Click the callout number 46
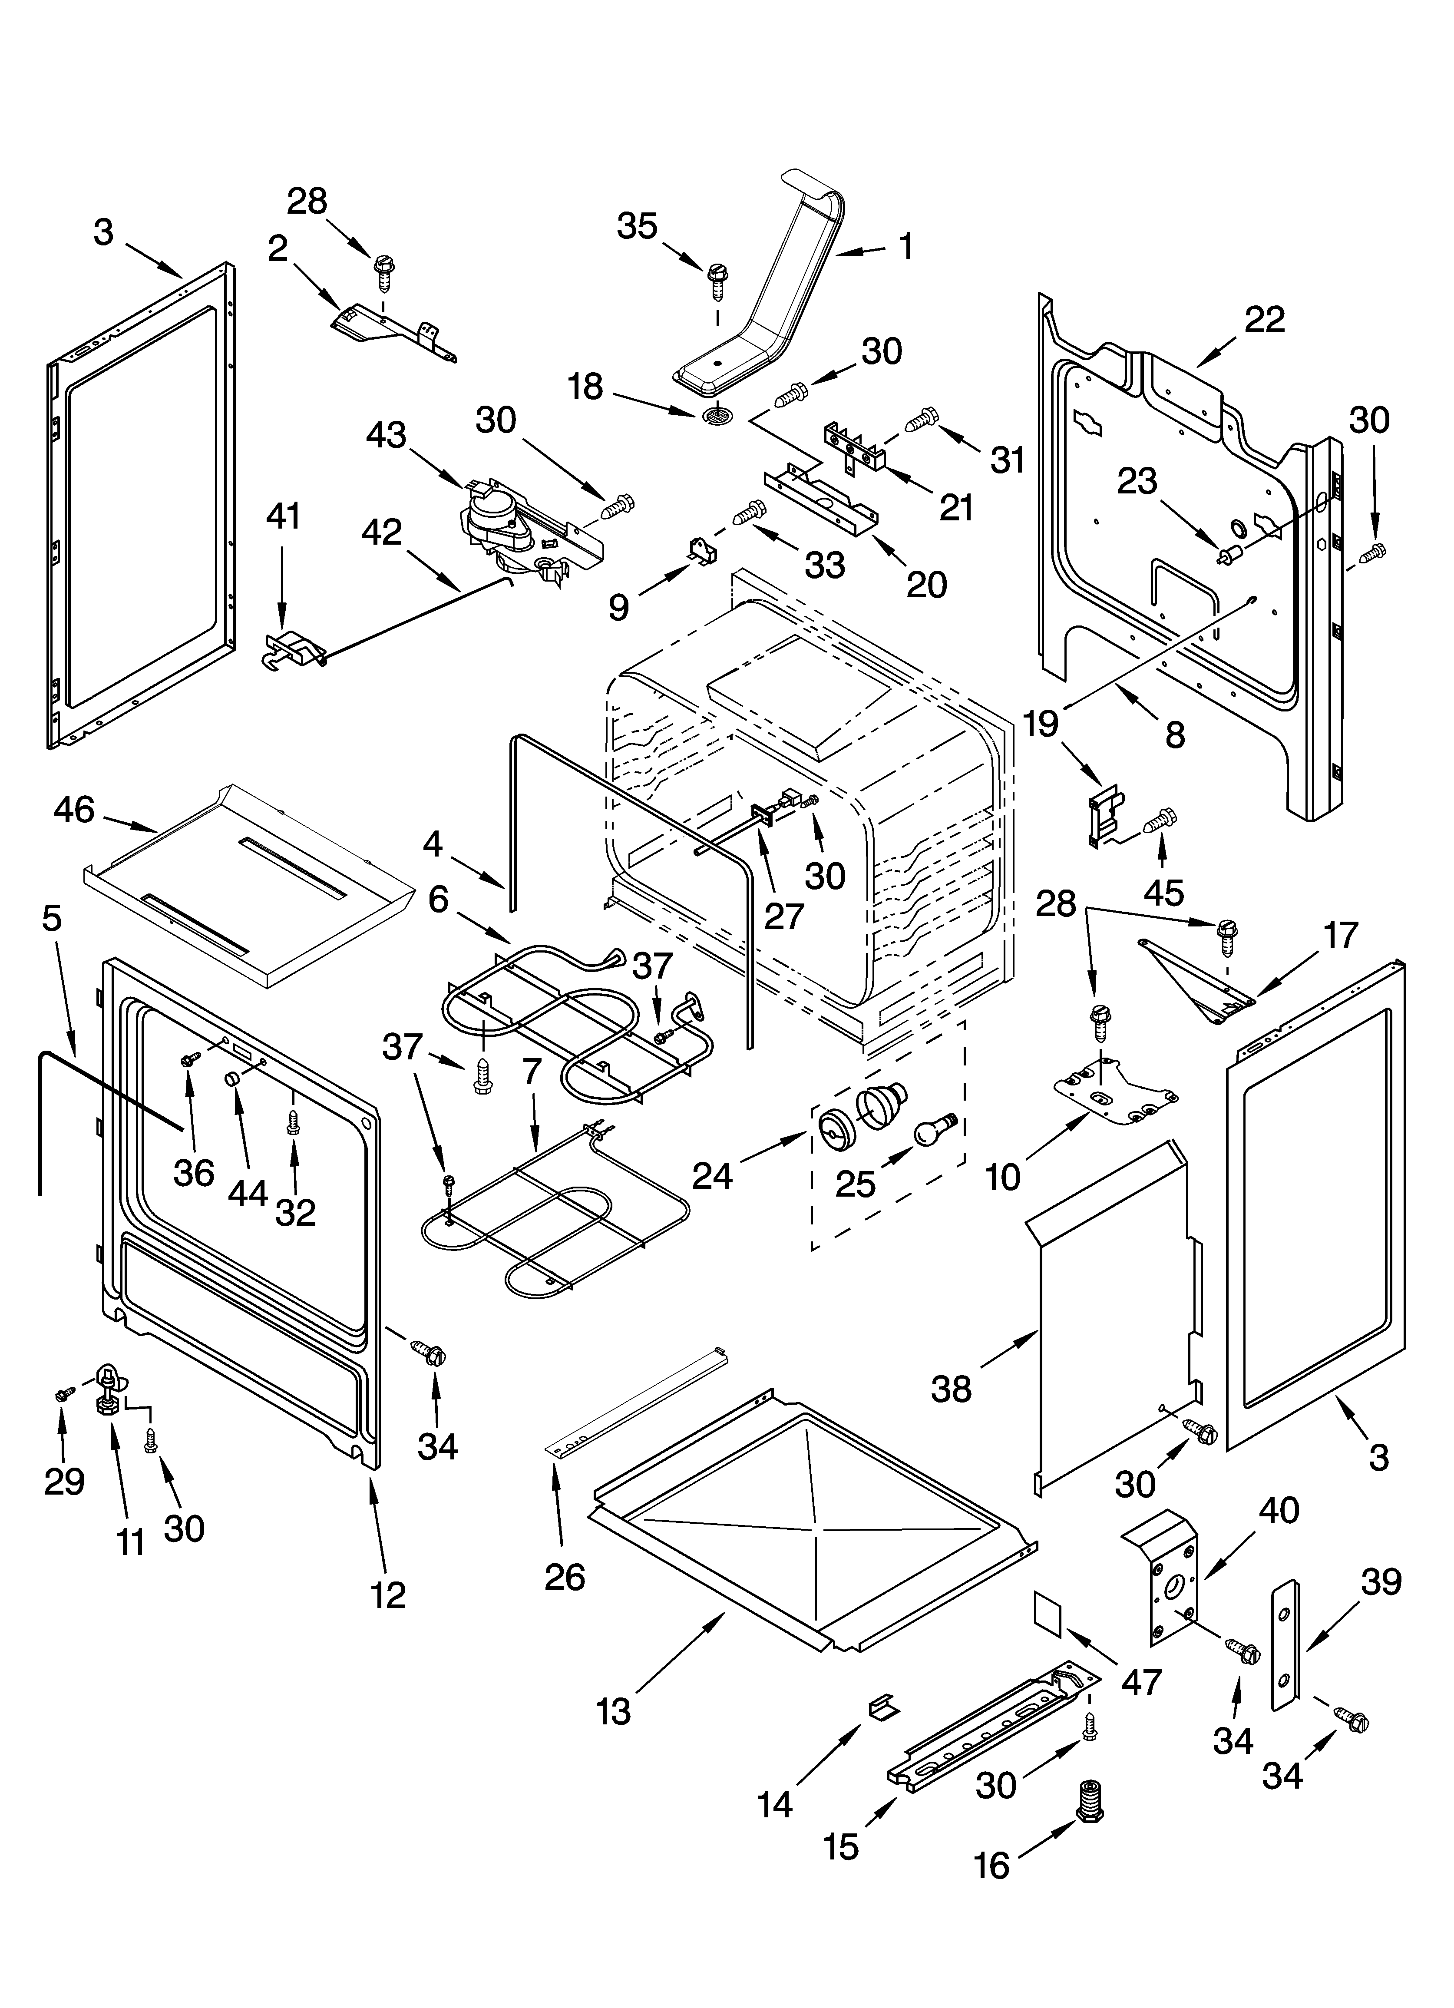click(74, 808)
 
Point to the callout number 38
click(951, 1389)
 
